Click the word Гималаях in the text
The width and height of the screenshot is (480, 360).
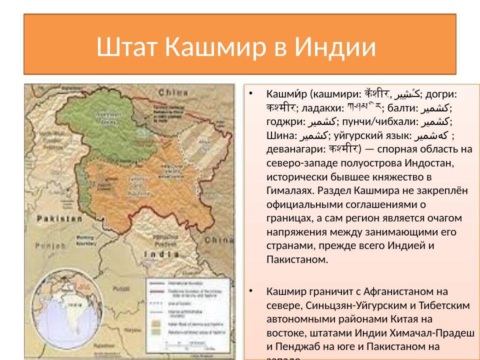[288, 190]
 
